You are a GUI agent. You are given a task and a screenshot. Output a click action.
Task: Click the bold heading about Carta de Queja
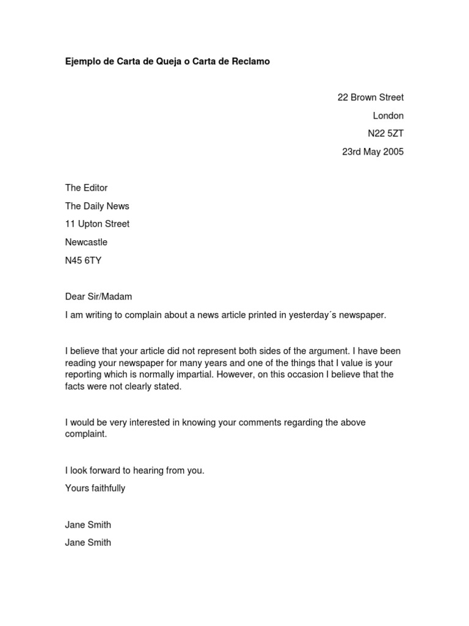(x=167, y=62)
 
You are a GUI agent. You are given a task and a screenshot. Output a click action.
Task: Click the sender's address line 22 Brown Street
(x=370, y=97)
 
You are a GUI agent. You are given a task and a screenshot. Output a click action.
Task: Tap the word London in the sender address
(x=388, y=116)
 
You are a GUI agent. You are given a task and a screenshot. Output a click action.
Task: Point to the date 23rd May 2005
(x=373, y=152)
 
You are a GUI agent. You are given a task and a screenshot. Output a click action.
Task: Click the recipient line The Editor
(x=86, y=188)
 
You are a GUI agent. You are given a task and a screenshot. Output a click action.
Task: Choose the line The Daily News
(x=97, y=206)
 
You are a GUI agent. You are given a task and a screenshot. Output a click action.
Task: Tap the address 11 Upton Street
(x=97, y=224)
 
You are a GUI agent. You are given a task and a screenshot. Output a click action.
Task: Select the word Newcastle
(x=86, y=242)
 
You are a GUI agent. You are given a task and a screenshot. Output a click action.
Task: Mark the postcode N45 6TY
(x=83, y=260)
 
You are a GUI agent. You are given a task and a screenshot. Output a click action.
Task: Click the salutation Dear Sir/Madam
(x=98, y=296)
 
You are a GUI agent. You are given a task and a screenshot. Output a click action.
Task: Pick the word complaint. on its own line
(x=86, y=434)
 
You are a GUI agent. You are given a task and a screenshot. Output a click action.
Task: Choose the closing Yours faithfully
(x=95, y=488)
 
